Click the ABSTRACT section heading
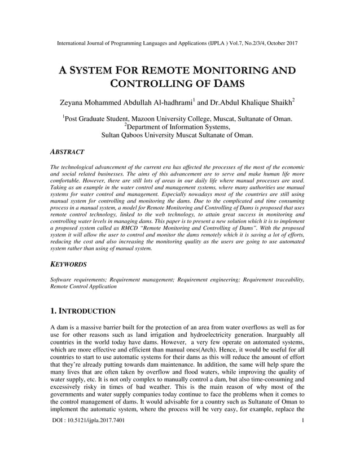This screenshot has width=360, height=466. click(67, 152)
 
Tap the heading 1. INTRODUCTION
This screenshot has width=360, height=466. click(83, 311)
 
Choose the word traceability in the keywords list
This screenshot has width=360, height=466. click(288, 279)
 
